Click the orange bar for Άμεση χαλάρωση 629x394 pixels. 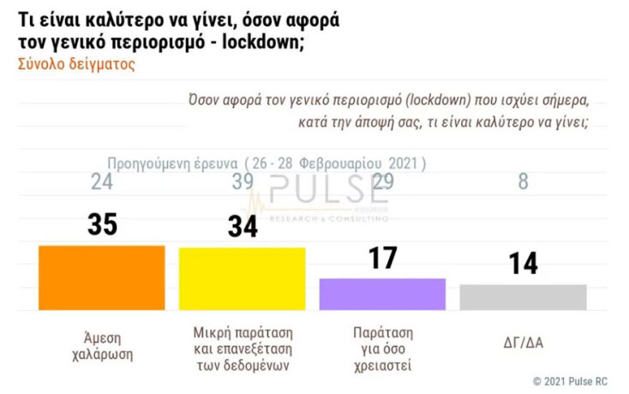102,278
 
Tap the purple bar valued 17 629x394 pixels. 382,294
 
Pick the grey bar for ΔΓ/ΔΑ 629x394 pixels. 523,296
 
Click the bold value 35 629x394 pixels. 103,224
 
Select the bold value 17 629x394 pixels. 382,257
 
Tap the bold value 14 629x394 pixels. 523,263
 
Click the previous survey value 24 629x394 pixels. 102,182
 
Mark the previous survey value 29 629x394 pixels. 383,182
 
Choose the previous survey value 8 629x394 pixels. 523,182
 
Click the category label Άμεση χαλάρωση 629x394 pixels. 102,343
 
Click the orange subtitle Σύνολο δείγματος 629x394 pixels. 75,63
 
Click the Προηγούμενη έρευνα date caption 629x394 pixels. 267,163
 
